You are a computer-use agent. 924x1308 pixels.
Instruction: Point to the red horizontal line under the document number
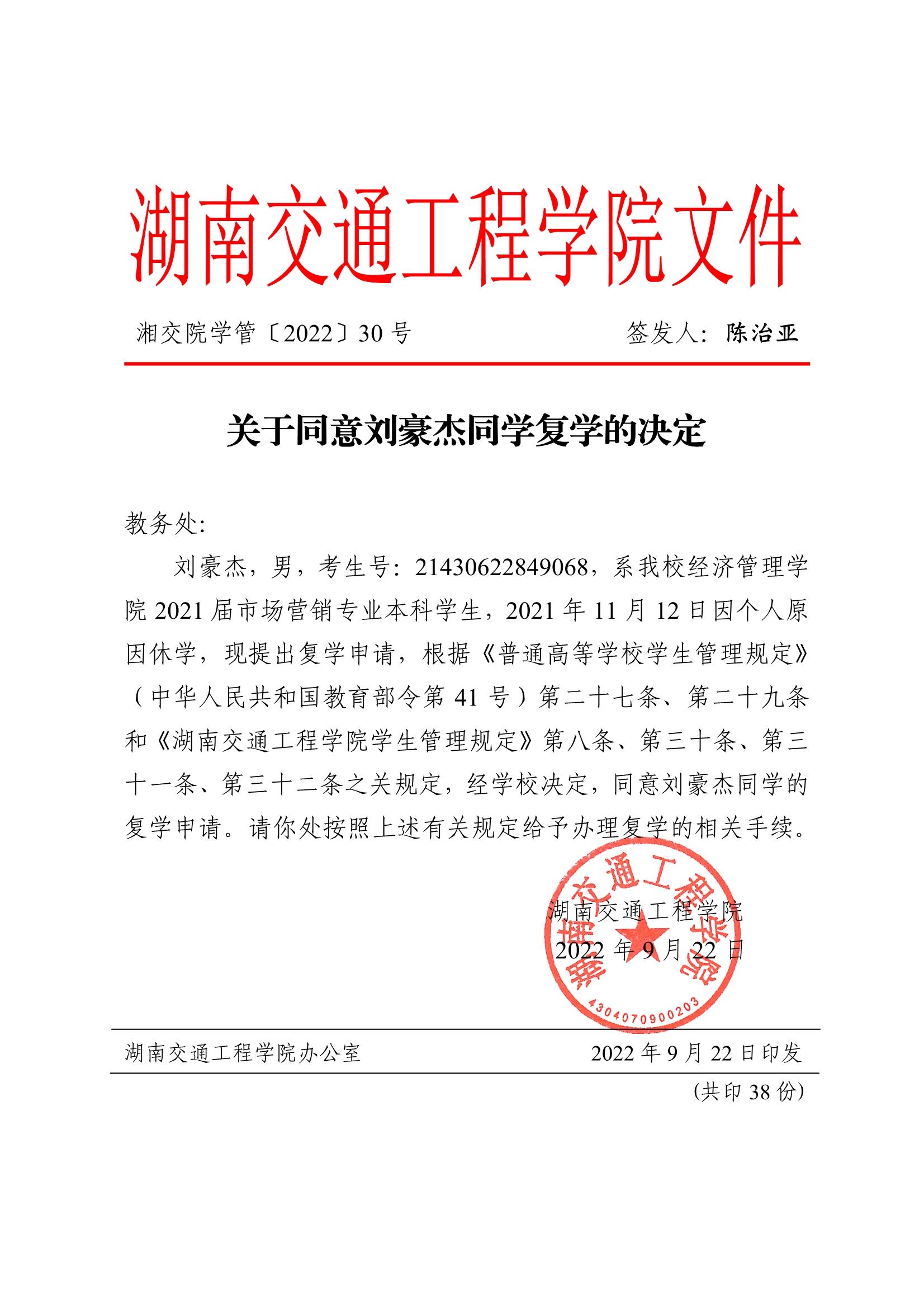coord(467,363)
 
